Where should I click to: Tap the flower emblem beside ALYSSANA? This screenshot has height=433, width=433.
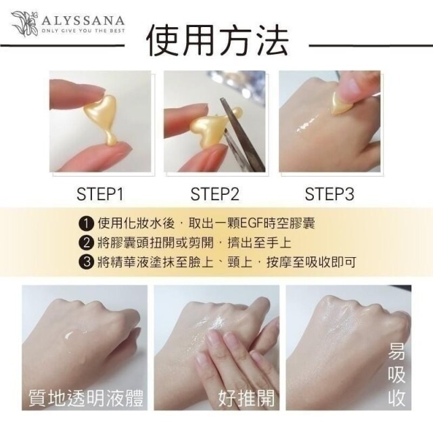tap(24, 23)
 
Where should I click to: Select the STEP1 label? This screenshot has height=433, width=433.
tap(99, 195)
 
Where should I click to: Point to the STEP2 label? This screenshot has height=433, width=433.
tap(215, 195)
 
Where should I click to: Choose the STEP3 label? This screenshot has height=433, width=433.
tap(329, 195)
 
